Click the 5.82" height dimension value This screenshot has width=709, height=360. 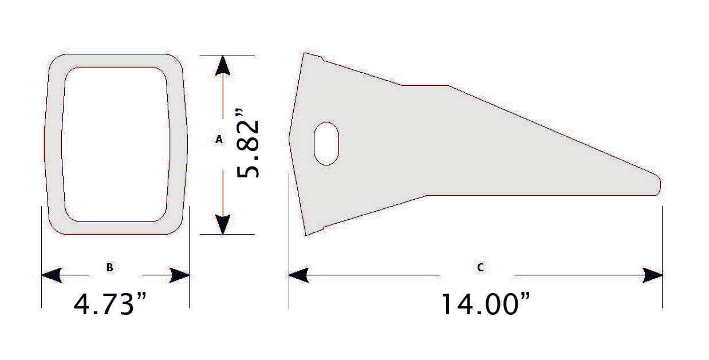pyautogui.click(x=249, y=149)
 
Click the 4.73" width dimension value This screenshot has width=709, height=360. pyautogui.click(x=112, y=304)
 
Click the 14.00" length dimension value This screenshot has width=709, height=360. pyautogui.click(x=485, y=304)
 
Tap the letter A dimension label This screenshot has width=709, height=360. pyautogui.click(x=218, y=139)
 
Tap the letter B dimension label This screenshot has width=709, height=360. pyautogui.click(x=109, y=267)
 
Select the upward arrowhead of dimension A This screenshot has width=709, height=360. pyautogui.click(x=223, y=65)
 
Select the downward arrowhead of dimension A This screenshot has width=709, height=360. pyautogui.click(x=223, y=224)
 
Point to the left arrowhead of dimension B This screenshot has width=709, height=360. pyautogui.click(x=52, y=275)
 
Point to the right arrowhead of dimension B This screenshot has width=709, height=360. pyautogui.click(x=180, y=275)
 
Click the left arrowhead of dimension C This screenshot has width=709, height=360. pyautogui.click(x=298, y=275)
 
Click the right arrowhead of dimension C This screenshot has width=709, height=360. pyautogui.click(x=653, y=275)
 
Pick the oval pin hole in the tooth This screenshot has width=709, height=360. pyautogui.click(x=326, y=143)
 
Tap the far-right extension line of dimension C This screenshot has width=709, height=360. pyautogui.click(x=663, y=258)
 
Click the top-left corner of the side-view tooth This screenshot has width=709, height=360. pyautogui.click(x=304, y=54)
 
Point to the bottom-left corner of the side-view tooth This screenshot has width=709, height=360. pyautogui.click(x=306, y=235)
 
